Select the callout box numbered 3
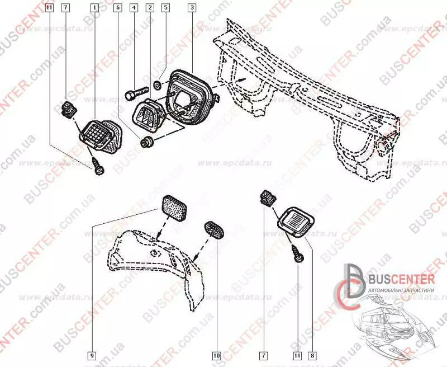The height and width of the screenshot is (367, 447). [192, 8]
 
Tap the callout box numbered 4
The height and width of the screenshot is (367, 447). [134, 8]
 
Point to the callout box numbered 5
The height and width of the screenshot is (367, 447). [165, 8]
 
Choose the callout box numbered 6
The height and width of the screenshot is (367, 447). [118, 8]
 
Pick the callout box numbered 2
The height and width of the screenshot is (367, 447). [150, 8]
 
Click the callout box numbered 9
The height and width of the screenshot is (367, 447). [91, 354]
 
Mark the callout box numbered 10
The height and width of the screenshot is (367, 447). [216, 354]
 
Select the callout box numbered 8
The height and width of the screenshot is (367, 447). [312, 354]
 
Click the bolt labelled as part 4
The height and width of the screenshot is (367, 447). [136, 91]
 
